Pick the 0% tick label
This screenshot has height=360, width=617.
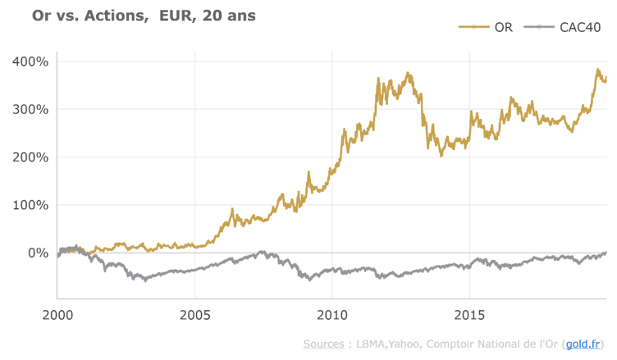click(38, 253)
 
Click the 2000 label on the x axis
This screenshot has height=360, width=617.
click(57, 315)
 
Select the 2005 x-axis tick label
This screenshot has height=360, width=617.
click(194, 315)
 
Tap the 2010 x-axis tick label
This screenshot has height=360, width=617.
click(331, 315)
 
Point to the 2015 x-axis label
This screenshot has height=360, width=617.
click(469, 315)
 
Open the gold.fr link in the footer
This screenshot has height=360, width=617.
click(583, 344)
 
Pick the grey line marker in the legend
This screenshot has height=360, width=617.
click(539, 27)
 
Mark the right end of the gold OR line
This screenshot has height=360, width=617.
click(606, 78)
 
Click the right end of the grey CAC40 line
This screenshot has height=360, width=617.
click(606, 253)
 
